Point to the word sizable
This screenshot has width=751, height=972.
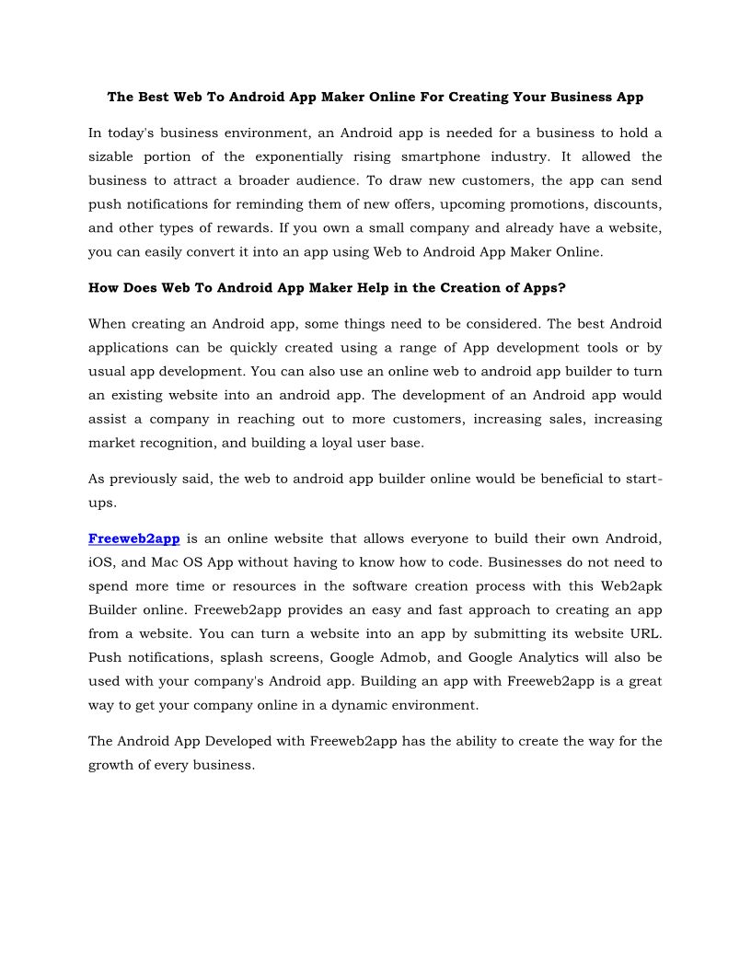pyautogui.click(x=111, y=156)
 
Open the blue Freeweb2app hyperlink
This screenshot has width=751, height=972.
pyautogui.click(x=133, y=538)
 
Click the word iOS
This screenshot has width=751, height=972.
pyautogui.click(x=99, y=562)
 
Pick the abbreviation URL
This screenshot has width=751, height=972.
pyautogui.click(x=642, y=634)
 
